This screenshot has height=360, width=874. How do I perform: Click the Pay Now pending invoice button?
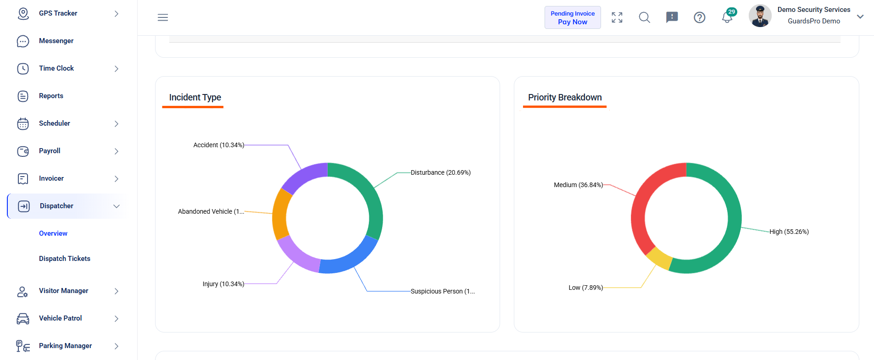coord(573,17)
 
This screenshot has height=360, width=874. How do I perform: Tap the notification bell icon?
coord(727,17)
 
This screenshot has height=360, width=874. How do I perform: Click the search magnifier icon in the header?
coord(645,17)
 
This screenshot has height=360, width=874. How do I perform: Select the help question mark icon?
coord(700,17)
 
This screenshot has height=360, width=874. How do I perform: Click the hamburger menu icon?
coord(163,17)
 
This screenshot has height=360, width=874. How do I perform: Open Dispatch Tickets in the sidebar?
coord(65,259)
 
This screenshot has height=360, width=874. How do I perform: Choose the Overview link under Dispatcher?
coord(53,233)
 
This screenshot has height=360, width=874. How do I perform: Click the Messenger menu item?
coord(56,41)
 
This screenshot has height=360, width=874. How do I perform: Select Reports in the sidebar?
coord(51,96)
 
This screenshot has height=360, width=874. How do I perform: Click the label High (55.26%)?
coord(789,232)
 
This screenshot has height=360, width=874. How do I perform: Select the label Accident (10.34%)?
coord(219,145)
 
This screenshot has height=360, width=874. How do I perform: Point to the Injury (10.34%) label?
coord(223,284)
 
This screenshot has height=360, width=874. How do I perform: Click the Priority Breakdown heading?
coord(565,97)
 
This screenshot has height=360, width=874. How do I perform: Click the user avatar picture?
coord(760,16)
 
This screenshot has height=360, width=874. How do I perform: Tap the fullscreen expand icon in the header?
coord(617,17)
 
